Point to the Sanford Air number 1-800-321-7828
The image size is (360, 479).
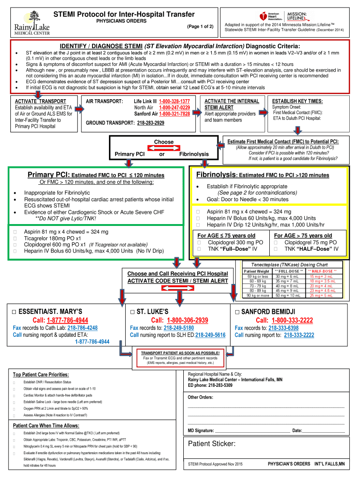[174, 114]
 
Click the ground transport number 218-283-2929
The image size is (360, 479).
[151, 123]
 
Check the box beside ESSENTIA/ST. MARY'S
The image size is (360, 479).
[14, 312]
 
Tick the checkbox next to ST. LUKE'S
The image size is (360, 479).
[133, 312]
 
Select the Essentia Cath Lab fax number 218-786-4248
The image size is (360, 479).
[78, 327]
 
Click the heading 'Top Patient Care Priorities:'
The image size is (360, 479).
[41, 375]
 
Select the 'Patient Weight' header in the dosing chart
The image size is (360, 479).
[257, 270]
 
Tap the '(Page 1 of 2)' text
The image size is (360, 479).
[200, 27]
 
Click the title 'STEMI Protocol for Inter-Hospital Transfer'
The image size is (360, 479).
[124, 15]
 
